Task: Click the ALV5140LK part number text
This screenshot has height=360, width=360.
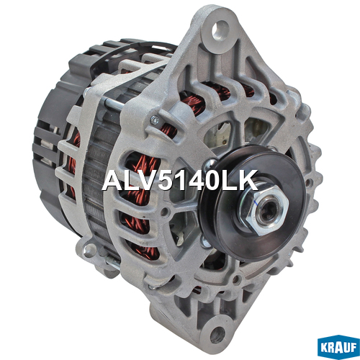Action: [x=181, y=181]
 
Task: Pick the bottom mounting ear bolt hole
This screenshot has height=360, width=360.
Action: [x=217, y=334]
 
